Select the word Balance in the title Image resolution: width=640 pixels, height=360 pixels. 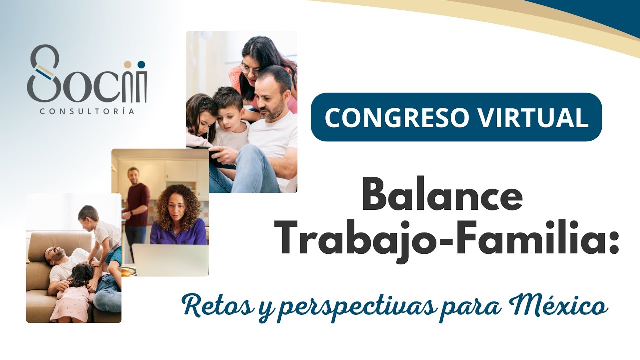click(442, 195)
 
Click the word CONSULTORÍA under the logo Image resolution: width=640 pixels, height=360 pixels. click(87, 111)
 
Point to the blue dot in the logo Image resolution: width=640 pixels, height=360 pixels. click(141, 64)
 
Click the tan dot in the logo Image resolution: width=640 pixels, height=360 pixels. click(127, 64)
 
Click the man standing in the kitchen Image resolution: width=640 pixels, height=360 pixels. click(135, 205)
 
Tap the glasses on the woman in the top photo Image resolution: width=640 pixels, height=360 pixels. click(250, 69)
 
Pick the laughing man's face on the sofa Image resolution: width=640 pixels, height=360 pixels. click(56, 255)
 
